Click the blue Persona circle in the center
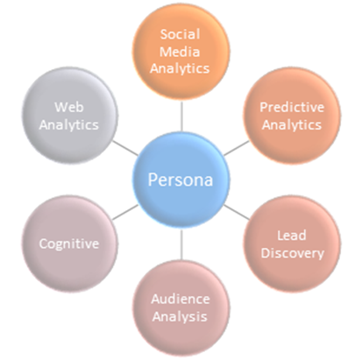181,180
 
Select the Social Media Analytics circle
181,52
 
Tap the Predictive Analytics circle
292,116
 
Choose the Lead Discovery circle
292,244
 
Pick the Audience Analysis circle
181,307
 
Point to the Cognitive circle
70,244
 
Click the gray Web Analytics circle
70,116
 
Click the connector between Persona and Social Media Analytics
181,116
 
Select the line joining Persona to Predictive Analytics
237,148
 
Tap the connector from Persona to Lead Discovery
237,212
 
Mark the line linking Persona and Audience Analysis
181,244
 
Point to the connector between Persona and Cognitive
125,212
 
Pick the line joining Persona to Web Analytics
125,148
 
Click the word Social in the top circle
181,34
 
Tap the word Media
180,52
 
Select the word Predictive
292,107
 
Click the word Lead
292,236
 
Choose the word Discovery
293,253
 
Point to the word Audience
181,299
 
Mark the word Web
69,107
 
